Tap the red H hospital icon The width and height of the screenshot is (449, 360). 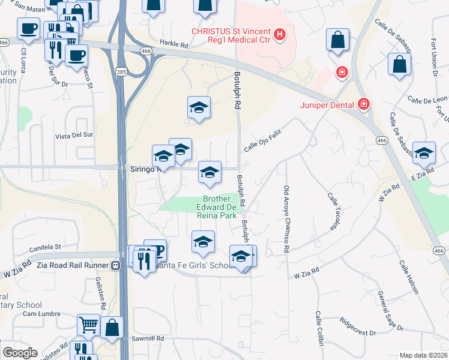(279, 35)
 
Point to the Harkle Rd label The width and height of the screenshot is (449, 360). (174, 43)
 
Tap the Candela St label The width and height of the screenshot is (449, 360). (46, 247)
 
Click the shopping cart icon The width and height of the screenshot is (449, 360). (88, 325)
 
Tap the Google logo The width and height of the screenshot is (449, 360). (20, 352)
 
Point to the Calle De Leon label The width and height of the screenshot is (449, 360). (427, 99)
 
